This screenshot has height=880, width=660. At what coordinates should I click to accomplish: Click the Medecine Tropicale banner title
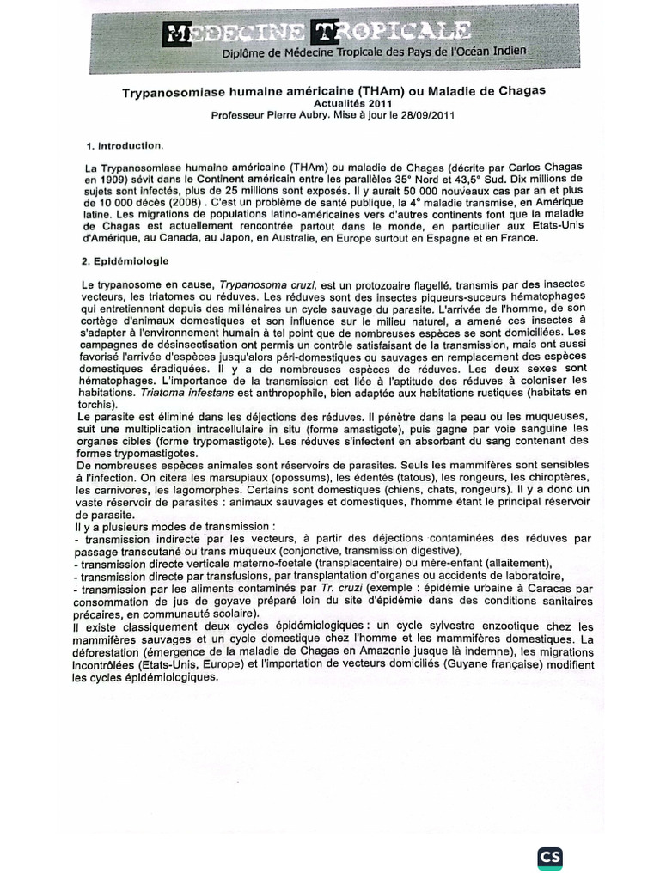click(316, 32)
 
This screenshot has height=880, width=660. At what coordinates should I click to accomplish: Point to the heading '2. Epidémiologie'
click(126, 259)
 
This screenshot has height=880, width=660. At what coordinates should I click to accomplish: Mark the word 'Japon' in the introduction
click(225, 238)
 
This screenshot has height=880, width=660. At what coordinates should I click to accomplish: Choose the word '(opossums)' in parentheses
click(309, 477)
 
